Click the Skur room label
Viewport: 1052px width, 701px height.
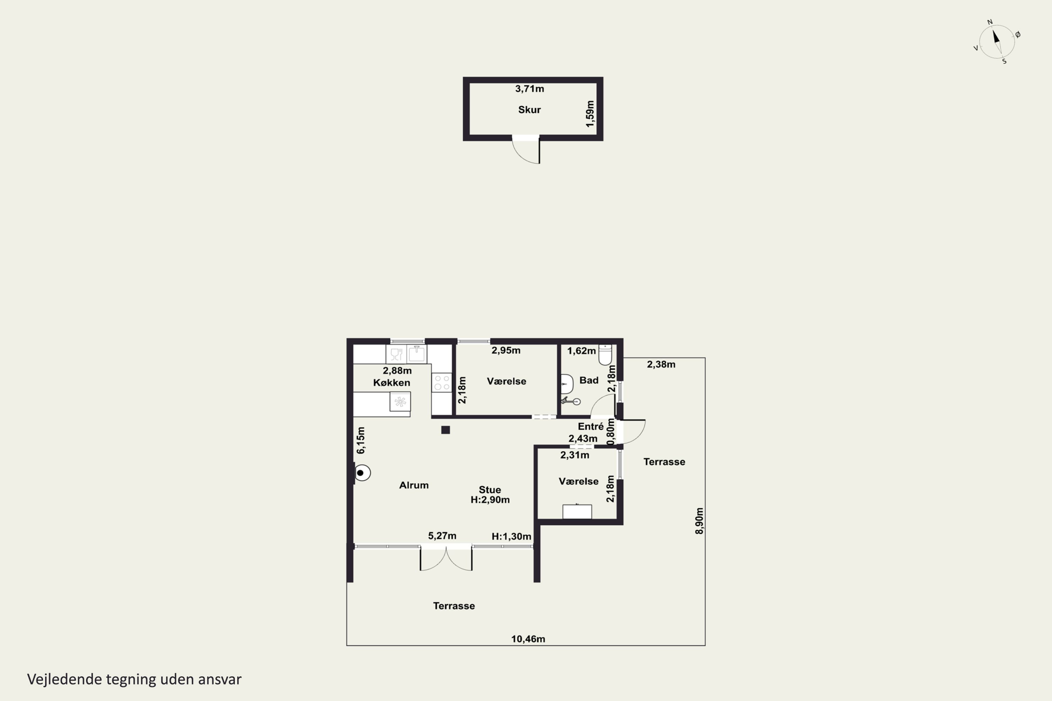click(529, 109)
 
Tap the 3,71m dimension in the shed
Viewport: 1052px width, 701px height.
click(530, 89)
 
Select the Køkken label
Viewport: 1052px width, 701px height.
click(391, 383)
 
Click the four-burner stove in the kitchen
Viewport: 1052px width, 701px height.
click(441, 383)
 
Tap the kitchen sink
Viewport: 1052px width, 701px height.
click(417, 354)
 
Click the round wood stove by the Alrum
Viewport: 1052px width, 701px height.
click(362, 472)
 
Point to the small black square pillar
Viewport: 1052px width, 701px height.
click(445, 430)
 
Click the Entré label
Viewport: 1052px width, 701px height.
click(591, 427)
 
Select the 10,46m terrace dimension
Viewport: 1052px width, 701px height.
click(528, 639)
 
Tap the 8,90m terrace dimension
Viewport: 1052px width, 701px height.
click(700, 520)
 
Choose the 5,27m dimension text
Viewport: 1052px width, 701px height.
click(442, 536)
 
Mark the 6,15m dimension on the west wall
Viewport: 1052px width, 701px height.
click(360, 440)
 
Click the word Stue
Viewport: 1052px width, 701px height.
click(490, 490)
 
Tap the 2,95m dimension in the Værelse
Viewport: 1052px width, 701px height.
click(506, 350)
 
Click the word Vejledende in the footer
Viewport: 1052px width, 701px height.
click(65, 679)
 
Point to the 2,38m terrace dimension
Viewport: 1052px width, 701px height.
click(661, 365)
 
